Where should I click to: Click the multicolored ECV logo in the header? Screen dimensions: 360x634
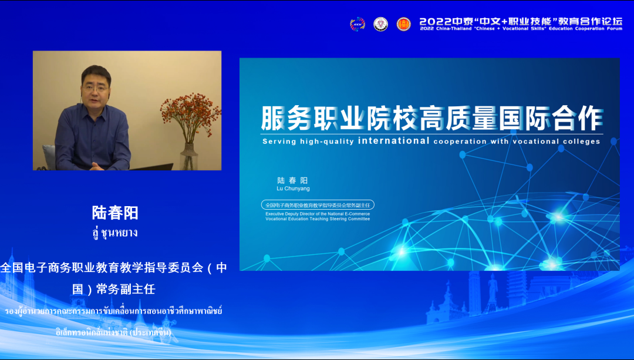[358, 23]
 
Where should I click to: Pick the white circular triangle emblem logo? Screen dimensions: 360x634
[380, 23]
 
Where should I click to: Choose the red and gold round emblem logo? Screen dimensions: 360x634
[404, 23]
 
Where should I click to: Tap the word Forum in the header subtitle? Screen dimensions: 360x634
[613, 29]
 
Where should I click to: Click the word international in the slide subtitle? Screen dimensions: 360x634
[393, 141]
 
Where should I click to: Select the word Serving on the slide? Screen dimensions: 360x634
[279, 142]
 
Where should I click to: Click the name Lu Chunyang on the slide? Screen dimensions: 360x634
[293, 189]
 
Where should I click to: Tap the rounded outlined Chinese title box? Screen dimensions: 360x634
[318, 205]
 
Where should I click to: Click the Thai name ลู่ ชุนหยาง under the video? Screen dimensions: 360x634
[115, 232]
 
